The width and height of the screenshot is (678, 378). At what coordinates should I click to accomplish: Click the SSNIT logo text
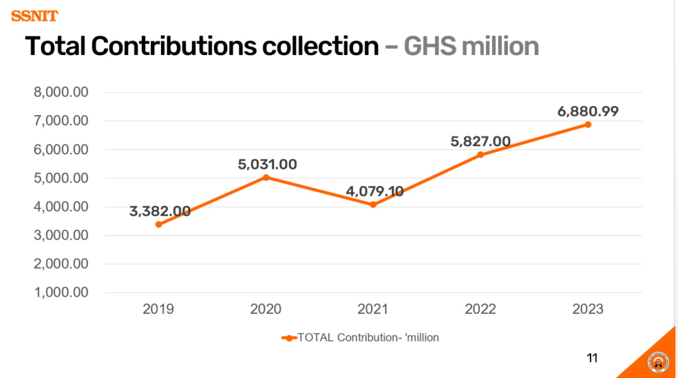pos(34,16)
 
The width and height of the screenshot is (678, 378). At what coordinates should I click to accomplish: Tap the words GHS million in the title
pos(471,46)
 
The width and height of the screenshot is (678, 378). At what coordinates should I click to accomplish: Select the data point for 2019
pos(159,224)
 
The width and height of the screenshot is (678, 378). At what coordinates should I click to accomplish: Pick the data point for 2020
pos(266,177)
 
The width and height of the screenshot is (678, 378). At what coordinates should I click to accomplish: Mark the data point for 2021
pos(373,205)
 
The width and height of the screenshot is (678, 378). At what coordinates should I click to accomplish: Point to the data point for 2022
pos(481,155)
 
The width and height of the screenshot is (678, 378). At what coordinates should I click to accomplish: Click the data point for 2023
pos(587,124)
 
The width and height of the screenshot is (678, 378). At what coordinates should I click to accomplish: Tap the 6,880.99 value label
pos(588,111)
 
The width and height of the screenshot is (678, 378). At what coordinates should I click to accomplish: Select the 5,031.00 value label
pos(267,164)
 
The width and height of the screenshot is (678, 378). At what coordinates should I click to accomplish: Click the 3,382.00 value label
pos(160,211)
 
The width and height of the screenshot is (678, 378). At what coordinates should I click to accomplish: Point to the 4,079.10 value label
pos(375,191)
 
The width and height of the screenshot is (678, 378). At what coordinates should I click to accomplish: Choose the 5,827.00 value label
pos(481,141)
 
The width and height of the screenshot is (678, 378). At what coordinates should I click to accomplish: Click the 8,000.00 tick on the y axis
pos(61,93)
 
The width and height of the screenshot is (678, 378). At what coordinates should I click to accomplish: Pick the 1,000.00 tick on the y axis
pos(61,293)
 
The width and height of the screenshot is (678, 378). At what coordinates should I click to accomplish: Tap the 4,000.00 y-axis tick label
pos(61,207)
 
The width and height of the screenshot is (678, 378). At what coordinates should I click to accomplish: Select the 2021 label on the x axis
pos(373,309)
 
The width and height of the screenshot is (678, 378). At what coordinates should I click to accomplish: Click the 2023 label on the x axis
pos(587,309)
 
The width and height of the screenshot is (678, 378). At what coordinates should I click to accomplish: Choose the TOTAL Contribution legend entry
pos(360,338)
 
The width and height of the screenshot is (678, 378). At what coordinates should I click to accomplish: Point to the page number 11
pos(592,358)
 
